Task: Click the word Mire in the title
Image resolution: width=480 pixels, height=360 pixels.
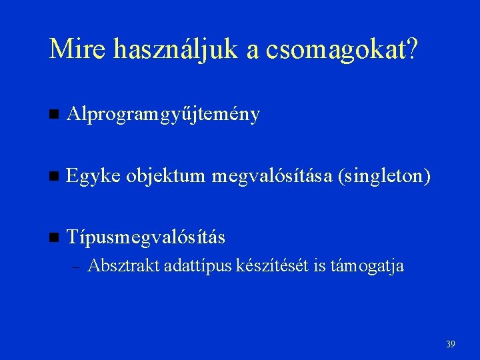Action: click(x=77, y=49)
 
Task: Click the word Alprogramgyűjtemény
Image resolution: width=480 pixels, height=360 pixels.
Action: click(x=164, y=115)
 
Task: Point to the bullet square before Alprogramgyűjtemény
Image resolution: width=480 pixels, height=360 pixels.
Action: click(x=55, y=115)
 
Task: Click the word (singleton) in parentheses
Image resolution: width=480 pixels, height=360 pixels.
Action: click(x=385, y=177)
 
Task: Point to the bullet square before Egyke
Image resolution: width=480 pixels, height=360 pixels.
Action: click(x=55, y=177)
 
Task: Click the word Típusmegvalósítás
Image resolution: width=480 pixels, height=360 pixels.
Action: click(x=146, y=237)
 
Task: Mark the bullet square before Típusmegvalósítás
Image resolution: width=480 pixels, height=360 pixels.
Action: click(x=55, y=238)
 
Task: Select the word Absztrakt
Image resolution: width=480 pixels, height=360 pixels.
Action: click(x=124, y=266)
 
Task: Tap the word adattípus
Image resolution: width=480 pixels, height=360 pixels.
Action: click(x=197, y=266)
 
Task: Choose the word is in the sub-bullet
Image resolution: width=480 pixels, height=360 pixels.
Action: click(x=319, y=266)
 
